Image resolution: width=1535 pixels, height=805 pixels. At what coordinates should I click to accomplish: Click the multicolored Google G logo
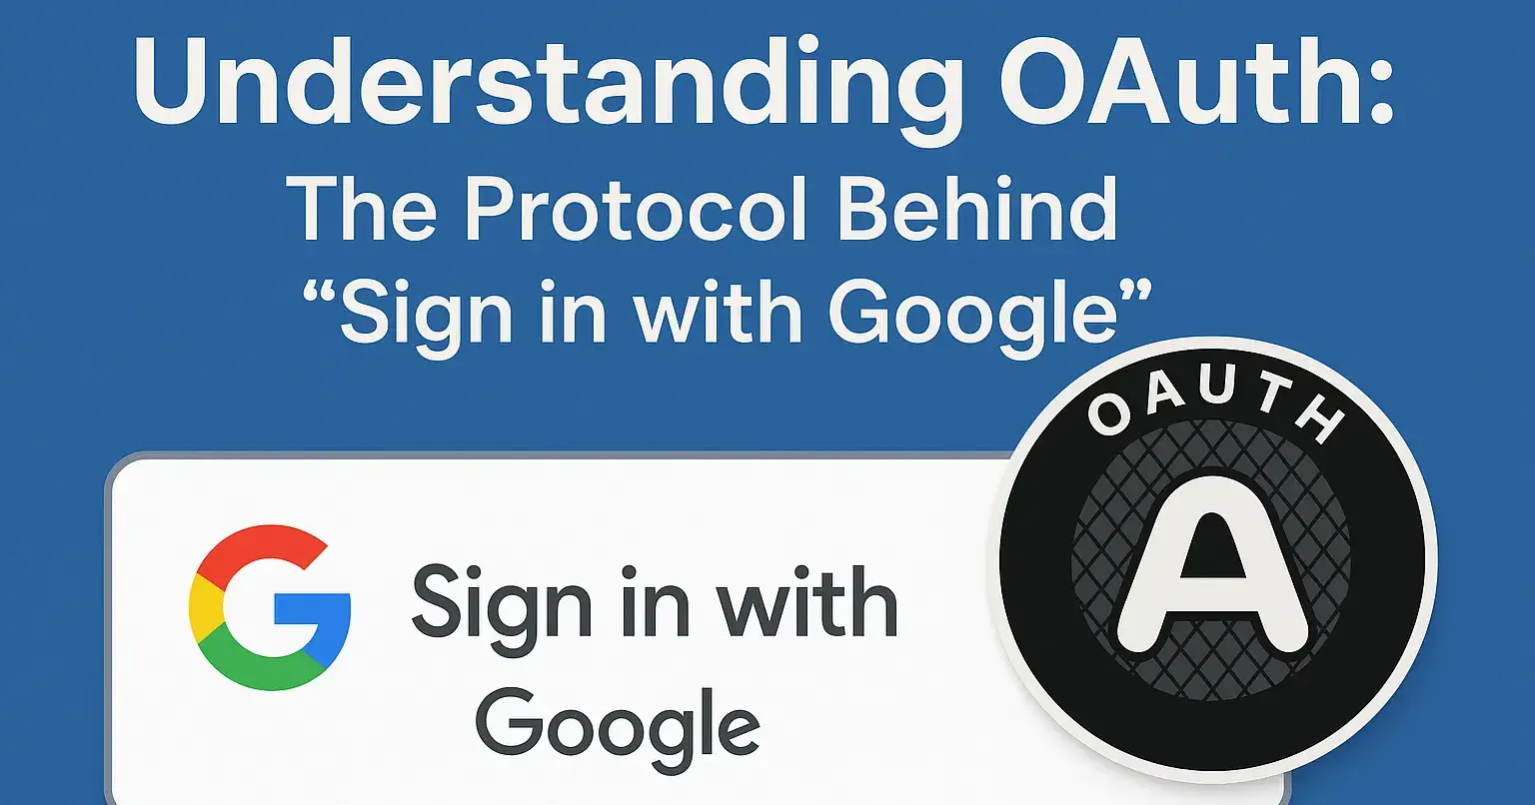tap(269, 608)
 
